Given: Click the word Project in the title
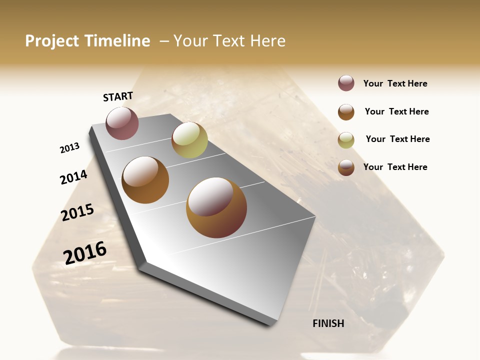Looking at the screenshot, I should coord(52,41).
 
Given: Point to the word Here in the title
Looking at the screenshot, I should coord(267,41).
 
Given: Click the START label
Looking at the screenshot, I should coord(118,96).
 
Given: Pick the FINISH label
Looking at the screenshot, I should coord(328,323).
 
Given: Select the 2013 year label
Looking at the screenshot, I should coord(69,148).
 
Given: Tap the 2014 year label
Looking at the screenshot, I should coord(73,177).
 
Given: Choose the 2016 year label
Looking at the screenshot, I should coord(85,252).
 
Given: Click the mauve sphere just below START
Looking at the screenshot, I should coord(122,123).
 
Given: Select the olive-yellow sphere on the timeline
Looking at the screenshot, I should coord(189,140).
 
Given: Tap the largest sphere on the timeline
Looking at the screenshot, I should coord(216,207).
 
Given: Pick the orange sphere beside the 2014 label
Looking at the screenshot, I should coord(145,180).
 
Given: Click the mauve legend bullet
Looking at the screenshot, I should coord(346,83).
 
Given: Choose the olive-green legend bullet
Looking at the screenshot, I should coord(346,140).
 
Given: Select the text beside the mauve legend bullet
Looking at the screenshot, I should coord(395,83).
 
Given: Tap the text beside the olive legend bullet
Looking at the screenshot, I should coord(397,139).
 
